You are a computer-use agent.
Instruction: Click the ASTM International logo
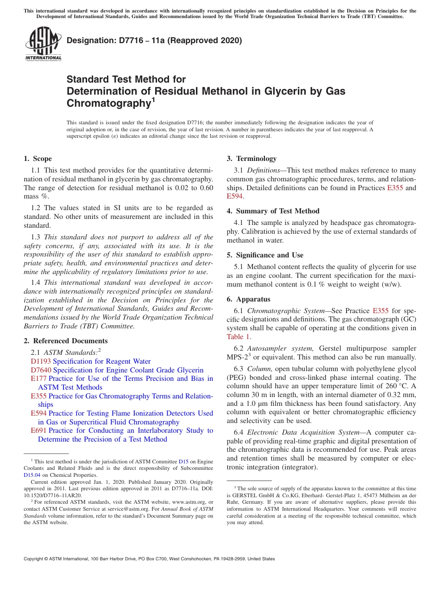point(43,44)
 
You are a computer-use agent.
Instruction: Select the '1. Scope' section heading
point(38,159)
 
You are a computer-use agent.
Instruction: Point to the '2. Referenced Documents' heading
point(65,341)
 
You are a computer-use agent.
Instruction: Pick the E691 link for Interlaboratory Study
point(38,430)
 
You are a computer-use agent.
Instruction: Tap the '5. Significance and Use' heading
point(265,255)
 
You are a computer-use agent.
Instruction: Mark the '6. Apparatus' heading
point(248,299)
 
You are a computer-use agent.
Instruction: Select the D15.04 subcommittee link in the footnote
point(32,475)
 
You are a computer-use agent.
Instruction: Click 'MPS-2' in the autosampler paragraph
point(238,357)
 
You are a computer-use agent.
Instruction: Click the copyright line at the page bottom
point(149,559)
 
